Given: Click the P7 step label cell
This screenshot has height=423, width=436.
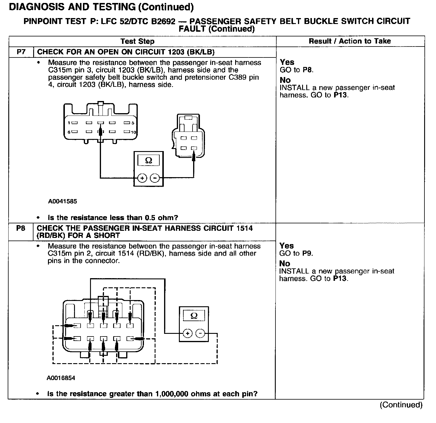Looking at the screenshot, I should tap(21, 52).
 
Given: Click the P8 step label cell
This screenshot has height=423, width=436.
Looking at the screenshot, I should tap(21, 228).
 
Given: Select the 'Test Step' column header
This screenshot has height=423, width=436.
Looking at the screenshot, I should tap(137, 41).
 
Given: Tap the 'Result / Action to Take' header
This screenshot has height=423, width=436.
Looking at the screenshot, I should tap(350, 41).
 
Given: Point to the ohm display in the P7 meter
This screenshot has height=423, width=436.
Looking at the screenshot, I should tap(149, 161).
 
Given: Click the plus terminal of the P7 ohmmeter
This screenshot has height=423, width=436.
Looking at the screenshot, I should tap(142, 178).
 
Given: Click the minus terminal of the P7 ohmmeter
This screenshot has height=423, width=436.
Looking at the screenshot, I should tap(155, 178).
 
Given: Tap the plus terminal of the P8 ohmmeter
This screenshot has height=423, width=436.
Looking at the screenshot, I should tap(187, 334).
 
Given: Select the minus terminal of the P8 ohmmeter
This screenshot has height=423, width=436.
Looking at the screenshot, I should tap(200, 334).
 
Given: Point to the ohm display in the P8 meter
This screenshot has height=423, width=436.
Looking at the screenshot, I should tap(194, 316).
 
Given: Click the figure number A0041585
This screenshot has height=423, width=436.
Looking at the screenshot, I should tap(62, 201).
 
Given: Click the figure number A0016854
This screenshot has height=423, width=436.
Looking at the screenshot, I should tap(61, 378).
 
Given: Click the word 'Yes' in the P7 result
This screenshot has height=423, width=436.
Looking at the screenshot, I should tap(287, 62).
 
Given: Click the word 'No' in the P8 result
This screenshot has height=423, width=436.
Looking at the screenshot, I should tap(285, 263).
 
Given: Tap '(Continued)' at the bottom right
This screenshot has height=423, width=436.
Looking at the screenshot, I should tap(401, 405).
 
